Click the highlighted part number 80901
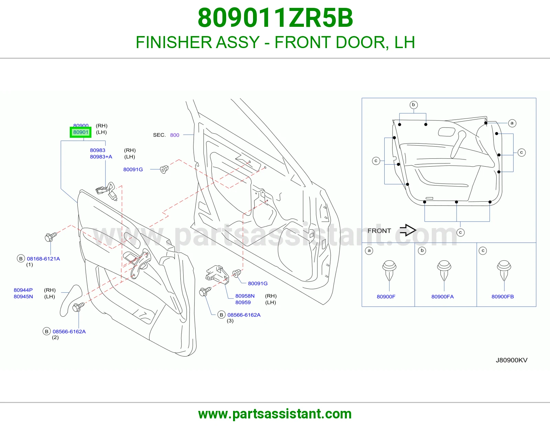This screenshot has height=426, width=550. click(81, 132)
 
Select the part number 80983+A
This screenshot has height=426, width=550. click(101, 157)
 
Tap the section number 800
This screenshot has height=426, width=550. click(175, 135)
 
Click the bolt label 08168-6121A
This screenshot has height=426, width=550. click(43, 259)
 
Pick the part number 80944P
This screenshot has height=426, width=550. click(23, 290)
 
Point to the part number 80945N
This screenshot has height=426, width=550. click(23, 296)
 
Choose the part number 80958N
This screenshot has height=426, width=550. click(245, 296)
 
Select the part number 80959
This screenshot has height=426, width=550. click(243, 302)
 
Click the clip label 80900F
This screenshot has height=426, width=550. click(386, 296)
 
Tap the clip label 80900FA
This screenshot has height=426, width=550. click(442, 296)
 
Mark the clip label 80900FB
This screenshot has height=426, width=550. click(503, 296)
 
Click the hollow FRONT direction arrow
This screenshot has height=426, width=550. click(408, 230)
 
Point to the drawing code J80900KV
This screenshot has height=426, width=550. click(511, 360)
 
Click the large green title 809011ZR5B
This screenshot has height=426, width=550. click(275, 18)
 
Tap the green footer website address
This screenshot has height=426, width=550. click(275, 414)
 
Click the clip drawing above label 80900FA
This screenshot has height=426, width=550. click(444, 270)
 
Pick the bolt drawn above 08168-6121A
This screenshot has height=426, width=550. click(51, 237)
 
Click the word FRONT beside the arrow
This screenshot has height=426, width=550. click(379, 231)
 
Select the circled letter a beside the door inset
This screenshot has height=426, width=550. click(512, 123)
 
